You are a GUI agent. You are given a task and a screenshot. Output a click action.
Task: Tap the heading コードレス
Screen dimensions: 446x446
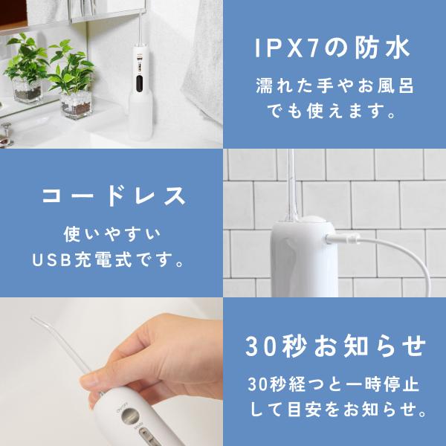[x=111, y=197]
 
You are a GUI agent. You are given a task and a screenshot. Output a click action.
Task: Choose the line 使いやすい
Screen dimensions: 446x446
[x=112, y=235]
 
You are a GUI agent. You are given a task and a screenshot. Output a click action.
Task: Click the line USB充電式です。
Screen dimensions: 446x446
[x=112, y=262]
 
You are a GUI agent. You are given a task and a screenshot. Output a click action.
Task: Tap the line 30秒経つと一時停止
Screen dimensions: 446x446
[x=335, y=384]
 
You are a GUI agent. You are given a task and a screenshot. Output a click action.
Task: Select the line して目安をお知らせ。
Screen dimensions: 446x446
[x=335, y=410]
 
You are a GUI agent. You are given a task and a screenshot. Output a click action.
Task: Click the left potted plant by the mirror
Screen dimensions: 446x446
[x=28, y=71]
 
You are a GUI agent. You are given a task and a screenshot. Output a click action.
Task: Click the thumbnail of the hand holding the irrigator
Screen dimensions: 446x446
[x=111, y=372]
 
